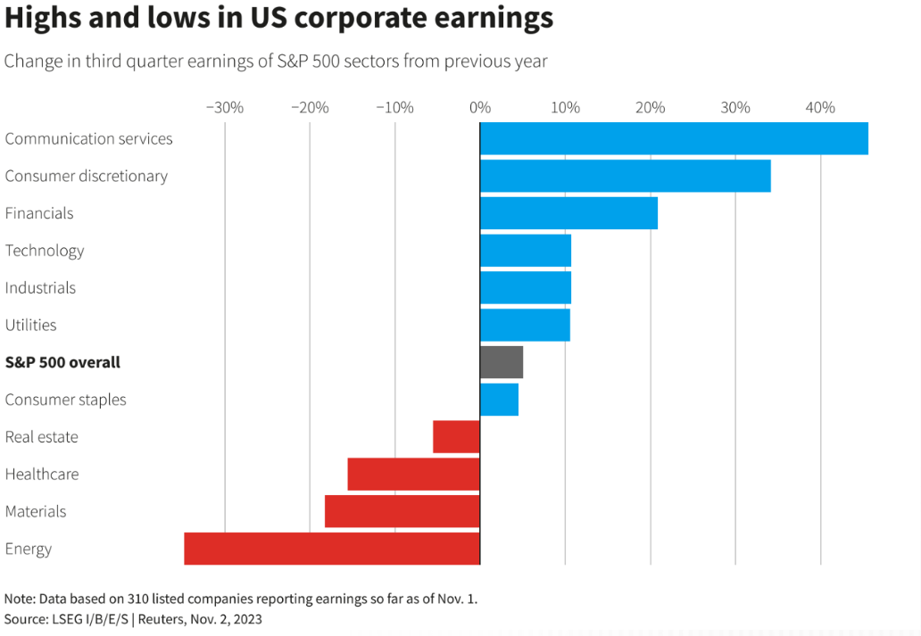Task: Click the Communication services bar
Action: (674, 138)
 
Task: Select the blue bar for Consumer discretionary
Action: (625, 176)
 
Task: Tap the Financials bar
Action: (568, 213)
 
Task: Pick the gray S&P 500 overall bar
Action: (502, 362)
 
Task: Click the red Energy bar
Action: (332, 549)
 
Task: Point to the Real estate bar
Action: (457, 437)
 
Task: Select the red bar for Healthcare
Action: (414, 474)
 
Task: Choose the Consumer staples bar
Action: (499, 400)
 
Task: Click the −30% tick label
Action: (224, 108)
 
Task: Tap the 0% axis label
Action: (480, 108)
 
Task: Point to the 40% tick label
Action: (820, 108)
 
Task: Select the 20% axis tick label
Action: (650, 108)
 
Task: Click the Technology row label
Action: (45, 251)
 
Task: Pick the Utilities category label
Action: (30, 325)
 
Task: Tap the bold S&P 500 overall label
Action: (62, 363)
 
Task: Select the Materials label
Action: (36, 511)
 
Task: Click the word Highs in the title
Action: (41, 19)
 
